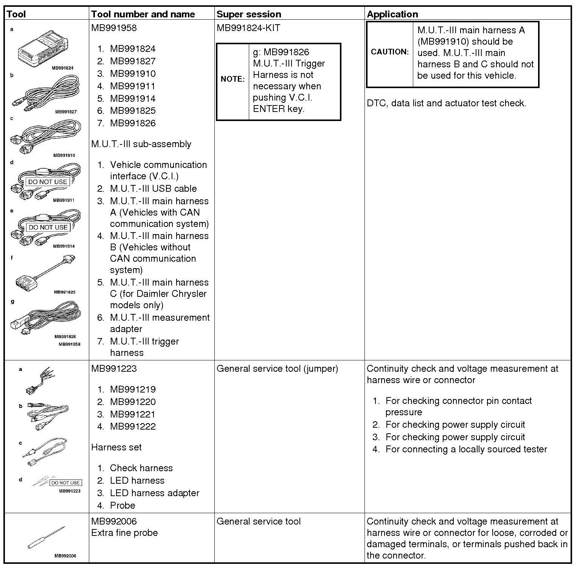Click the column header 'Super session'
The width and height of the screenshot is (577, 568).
click(x=249, y=14)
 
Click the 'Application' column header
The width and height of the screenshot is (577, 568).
click(x=392, y=14)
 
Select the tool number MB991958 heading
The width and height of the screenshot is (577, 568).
click(x=114, y=28)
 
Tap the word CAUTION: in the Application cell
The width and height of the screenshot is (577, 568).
click(x=390, y=52)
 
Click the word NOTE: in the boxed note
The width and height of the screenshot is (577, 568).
click(x=233, y=79)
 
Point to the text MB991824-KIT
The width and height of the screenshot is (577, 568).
click(x=248, y=28)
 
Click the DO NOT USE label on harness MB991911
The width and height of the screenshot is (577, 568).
click(x=48, y=182)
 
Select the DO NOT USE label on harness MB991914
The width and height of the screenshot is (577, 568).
click(x=48, y=227)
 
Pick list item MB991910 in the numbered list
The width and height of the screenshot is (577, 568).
click(x=133, y=74)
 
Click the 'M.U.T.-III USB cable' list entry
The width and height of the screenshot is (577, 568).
click(x=153, y=189)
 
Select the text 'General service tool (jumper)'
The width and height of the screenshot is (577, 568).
click(x=277, y=369)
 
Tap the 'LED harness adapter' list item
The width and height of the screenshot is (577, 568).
click(x=154, y=493)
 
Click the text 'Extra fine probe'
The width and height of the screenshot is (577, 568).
click(x=124, y=533)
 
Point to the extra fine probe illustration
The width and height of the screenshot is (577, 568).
click(x=46, y=537)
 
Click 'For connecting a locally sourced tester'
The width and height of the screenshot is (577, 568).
click(x=466, y=449)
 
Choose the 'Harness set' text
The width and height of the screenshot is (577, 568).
click(x=116, y=447)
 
